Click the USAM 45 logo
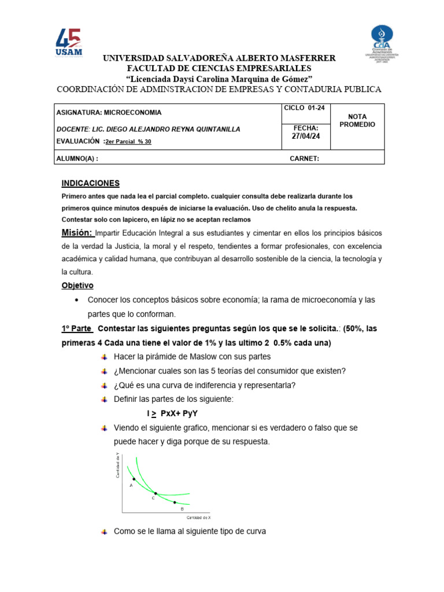pyautogui.click(x=69, y=43)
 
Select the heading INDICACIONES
pyautogui.click(x=91, y=183)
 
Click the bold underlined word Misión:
pyautogui.click(x=77, y=232)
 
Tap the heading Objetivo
pyautogui.click(x=77, y=286)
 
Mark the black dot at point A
pyautogui.click(x=134, y=479)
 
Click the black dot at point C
pyautogui.click(x=156, y=493)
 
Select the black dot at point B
pyautogui.click(x=175, y=502)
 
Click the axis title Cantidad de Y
pyautogui.click(x=117, y=466)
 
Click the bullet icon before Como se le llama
pyautogui.click(x=104, y=531)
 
